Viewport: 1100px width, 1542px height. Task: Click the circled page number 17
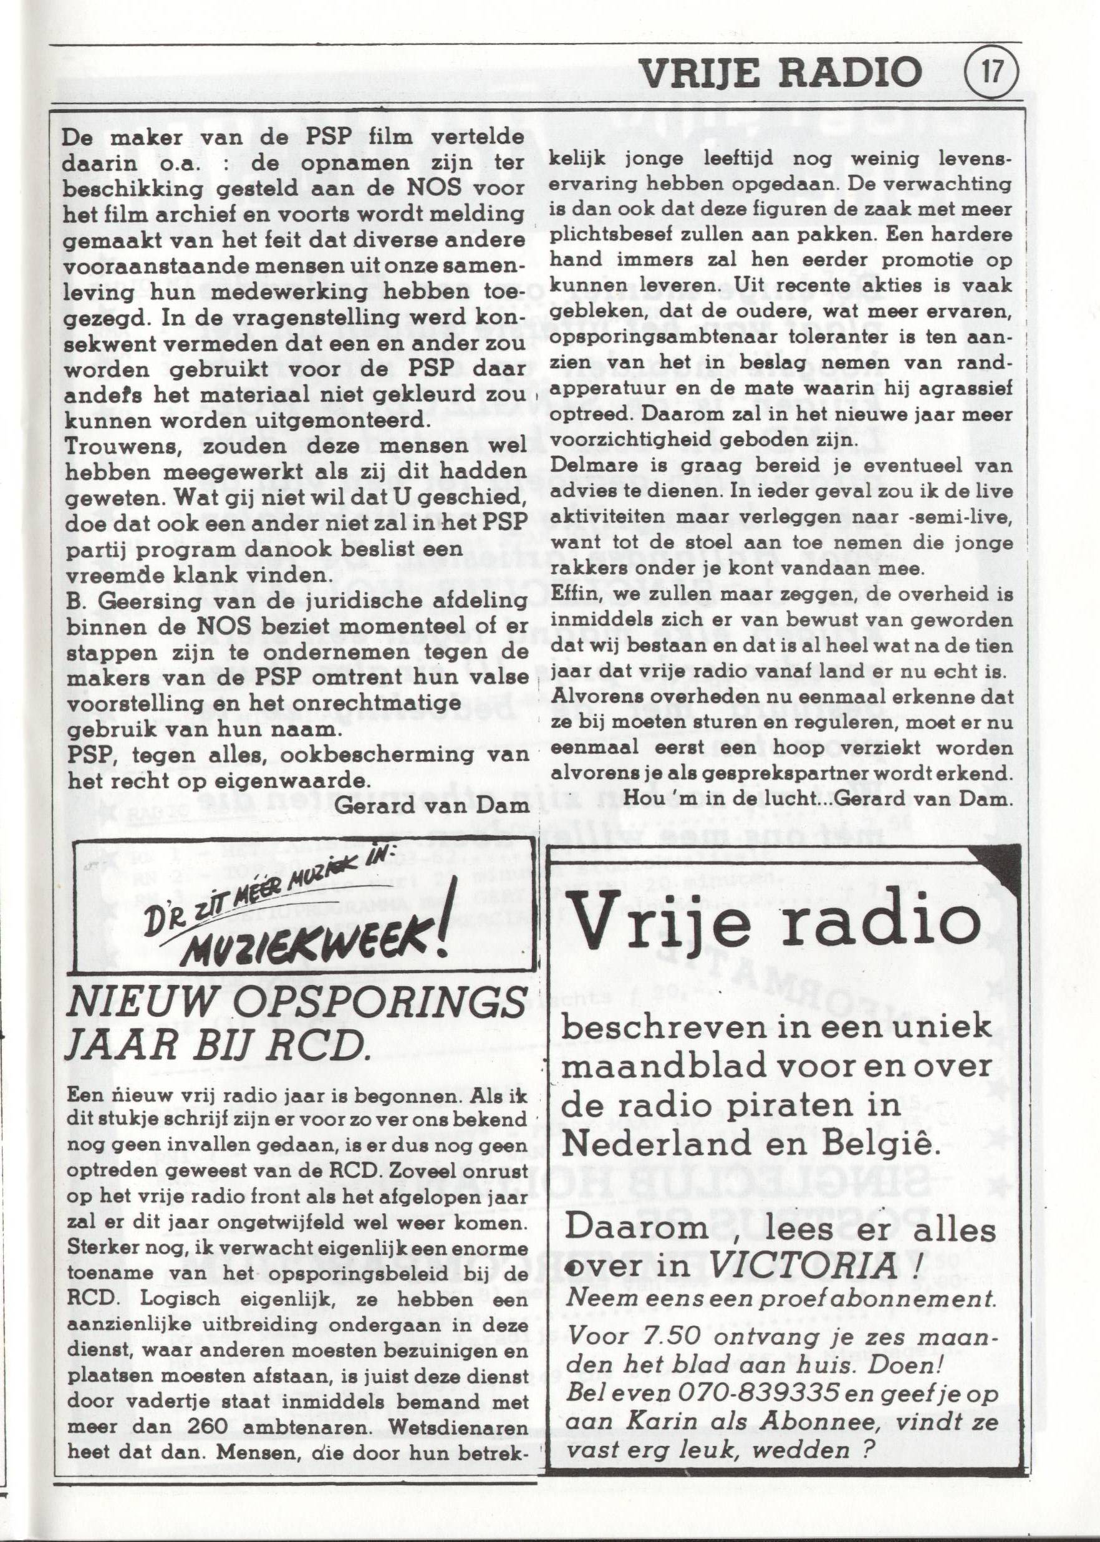(x=991, y=71)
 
